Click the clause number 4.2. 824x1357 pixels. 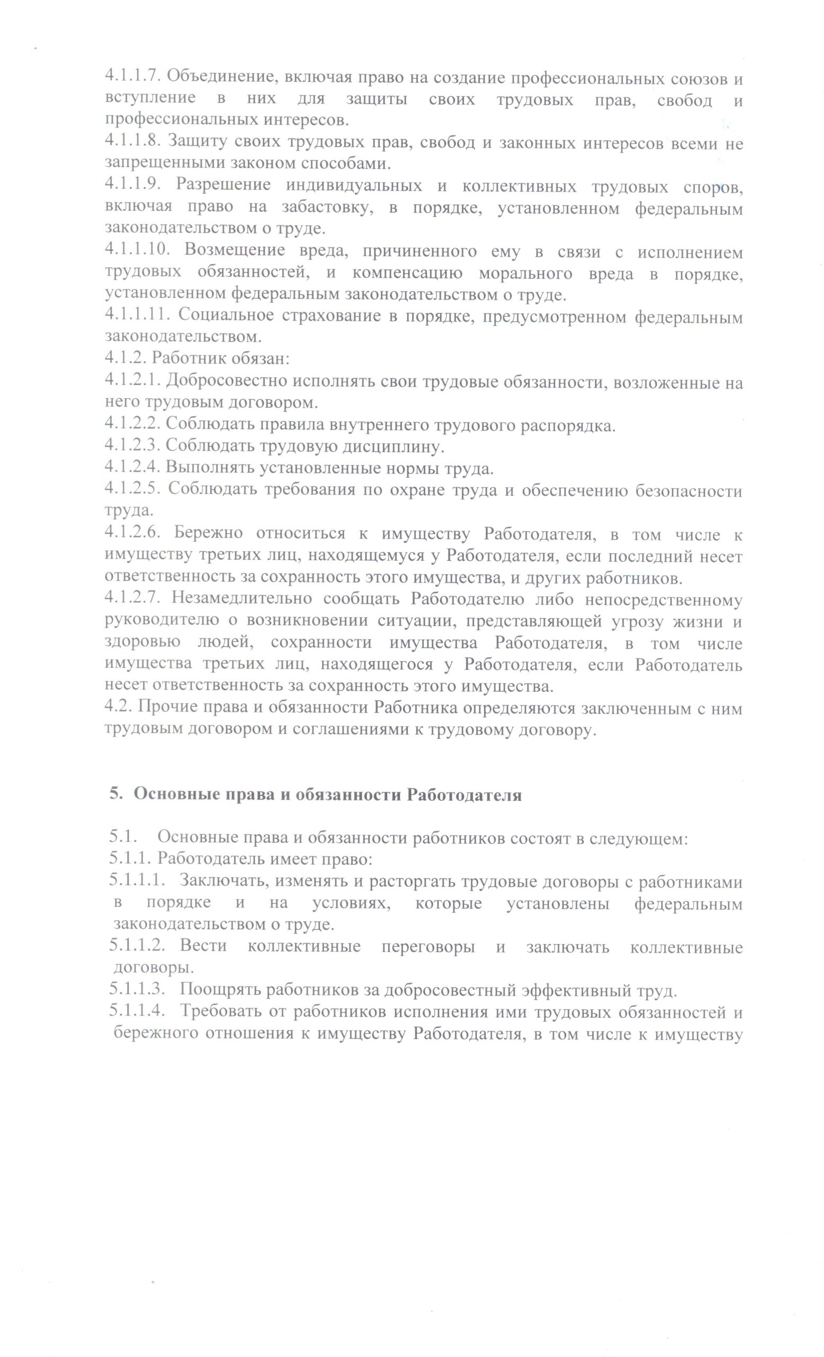point(118,708)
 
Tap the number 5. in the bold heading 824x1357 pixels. point(115,795)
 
